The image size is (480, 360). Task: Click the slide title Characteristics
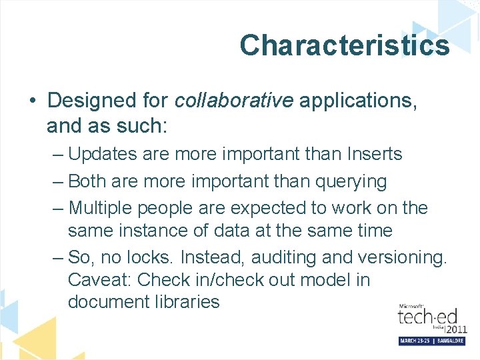click(x=344, y=45)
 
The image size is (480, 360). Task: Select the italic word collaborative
click(x=233, y=101)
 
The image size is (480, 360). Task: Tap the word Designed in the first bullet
click(x=87, y=101)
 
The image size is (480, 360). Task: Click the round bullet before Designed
click(x=32, y=101)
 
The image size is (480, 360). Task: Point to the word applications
click(x=357, y=101)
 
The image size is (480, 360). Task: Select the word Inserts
click(x=375, y=154)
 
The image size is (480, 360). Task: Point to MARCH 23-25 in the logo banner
click(x=417, y=340)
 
